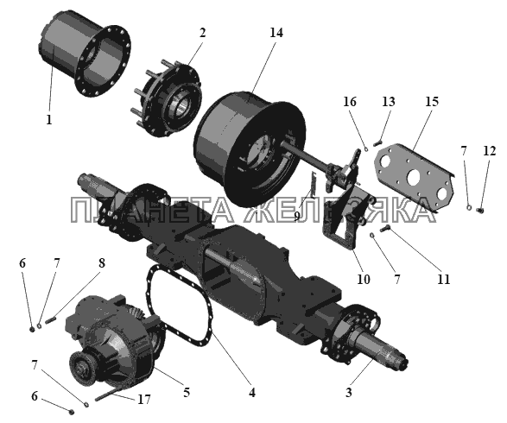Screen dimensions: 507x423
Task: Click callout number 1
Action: [x=49, y=120]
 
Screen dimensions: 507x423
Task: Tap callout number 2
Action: [x=202, y=33]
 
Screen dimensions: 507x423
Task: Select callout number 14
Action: [x=276, y=33]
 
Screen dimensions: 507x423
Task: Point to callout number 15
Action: [x=432, y=102]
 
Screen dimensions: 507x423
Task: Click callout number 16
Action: [x=350, y=102]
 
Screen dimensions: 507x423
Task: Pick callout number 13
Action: [x=389, y=102]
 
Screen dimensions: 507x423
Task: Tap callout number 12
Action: [x=489, y=150]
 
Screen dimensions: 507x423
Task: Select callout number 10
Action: [x=363, y=279]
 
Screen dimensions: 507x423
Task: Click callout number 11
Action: [x=443, y=279]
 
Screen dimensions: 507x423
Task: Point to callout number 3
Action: [x=348, y=392]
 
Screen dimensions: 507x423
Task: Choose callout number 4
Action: [x=252, y=392]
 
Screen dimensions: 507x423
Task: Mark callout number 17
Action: [x=144, y=400]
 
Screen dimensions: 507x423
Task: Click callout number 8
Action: [x=102, y=263]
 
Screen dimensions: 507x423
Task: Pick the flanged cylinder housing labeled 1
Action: [x=85, y=54]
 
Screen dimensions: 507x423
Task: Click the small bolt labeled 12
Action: [x=480, y=211]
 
